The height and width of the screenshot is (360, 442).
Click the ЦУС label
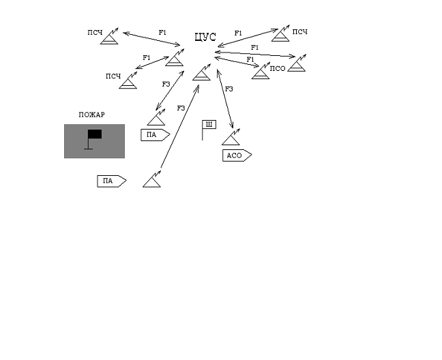tap(205, 37)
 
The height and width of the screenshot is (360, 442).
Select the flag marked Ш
tap(208, 125)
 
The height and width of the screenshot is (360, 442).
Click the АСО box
tap(236, 155)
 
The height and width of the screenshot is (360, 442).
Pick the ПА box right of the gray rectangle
tap(154, 134)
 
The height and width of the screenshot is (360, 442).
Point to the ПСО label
tap(277, 68)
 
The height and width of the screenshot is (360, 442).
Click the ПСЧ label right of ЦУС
tap(299, 32)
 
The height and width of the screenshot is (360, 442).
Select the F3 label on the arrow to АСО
tap(229, 89)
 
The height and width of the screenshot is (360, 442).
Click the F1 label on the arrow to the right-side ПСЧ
tap(238, 33)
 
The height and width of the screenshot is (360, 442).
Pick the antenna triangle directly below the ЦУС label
tap(201, 74)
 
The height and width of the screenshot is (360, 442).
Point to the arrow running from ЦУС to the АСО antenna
tap(225, 99)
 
